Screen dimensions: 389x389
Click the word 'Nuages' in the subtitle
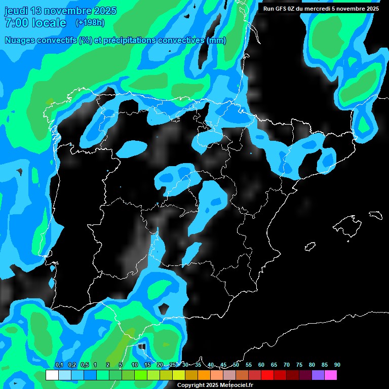tap(20, 41)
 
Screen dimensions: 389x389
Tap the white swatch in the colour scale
tap(52, 375)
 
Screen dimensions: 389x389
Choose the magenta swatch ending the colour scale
tap(331, 375)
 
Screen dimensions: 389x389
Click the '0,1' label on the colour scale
tap(59, 365)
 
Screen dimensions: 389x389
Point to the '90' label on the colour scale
tap(337, 365)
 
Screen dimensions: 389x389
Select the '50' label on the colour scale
tap(236, 365)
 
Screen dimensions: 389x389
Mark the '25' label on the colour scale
tap(173, 365)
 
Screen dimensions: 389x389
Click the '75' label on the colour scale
tap(299, 365)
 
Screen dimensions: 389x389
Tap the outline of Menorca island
tap(375, 215)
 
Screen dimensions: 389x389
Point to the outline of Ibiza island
tap(310, 247)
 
